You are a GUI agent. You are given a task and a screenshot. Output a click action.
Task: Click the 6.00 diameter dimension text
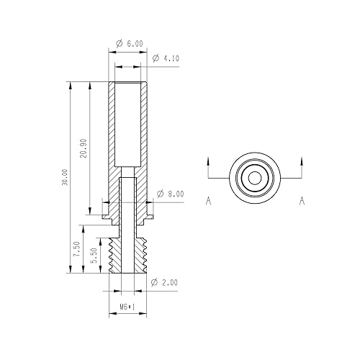pyautogui.click(x=134, y=43)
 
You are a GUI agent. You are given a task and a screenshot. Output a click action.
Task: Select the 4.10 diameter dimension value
pyautogui.click(x=171, y=58)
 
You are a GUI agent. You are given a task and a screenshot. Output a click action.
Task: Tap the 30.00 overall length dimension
pyautogui.click(x=66, y=178)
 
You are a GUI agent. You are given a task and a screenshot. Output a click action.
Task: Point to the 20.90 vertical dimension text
pyautogui.click(x=84, y=149)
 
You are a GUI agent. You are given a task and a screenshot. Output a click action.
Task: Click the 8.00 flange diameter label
pyautogui.click(x=175, y=194)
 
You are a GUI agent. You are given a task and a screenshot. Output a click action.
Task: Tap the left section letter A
pyautogui.click(x=208, y=202)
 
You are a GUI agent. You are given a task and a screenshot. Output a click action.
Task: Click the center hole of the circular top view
pyautogui.click(x=254, y=177)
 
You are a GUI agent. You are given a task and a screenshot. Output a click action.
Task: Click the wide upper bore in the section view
pyautogui.click(x=127, y=124)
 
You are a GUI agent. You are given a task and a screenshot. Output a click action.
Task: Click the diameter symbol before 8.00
pyautogui.click(x=159, y=194)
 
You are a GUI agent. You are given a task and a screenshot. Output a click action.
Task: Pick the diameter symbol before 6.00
pyautogui.click(x=120, y=43)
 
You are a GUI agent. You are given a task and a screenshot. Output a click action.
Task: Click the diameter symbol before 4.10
pyautogui.click(x=156, y=58)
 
